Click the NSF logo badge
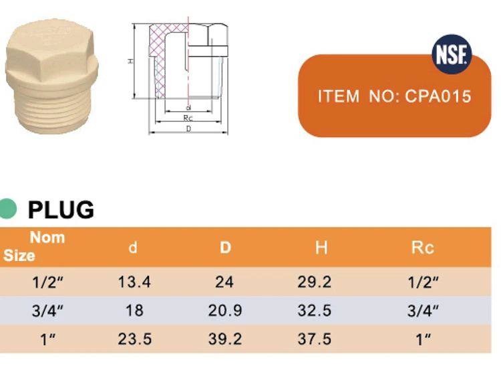[452, 53]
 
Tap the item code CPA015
[438, 96]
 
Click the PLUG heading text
[61, 210]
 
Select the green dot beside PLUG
[8, 209]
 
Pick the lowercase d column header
[133, 248]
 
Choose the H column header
[321, 248]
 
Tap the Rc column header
[422, 248]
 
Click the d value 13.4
[134, 282]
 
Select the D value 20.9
[224, 310]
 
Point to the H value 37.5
[314, 339]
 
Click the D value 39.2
[224, 339]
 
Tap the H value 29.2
[314, 282]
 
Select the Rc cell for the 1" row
[423, 339]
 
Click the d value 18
[134, 310]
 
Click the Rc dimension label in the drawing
[188, 118]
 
